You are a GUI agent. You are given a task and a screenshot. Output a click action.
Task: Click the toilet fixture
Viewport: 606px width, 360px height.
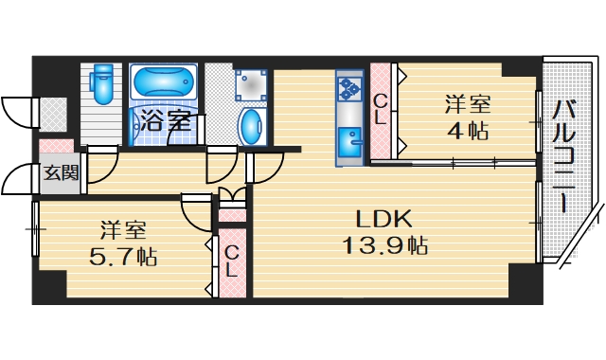tap(104, 83)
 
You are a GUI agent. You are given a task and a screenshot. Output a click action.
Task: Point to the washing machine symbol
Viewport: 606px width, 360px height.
tap(251, 82)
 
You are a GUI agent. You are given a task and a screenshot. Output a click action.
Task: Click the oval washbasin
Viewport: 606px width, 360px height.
tap(252, 125)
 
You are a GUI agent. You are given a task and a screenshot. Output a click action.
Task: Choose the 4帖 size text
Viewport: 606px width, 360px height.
tap(468, 131)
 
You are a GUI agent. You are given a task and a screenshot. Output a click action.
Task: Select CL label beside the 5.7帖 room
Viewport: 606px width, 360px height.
tap(232, 260)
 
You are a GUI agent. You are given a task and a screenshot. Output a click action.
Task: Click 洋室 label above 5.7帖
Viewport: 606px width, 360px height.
tap(124, 229)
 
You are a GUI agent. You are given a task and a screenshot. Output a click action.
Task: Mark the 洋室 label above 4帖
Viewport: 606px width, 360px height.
tap(468, 103)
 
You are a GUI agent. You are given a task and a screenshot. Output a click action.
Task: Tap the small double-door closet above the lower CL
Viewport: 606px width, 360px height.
tap(232, 199)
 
